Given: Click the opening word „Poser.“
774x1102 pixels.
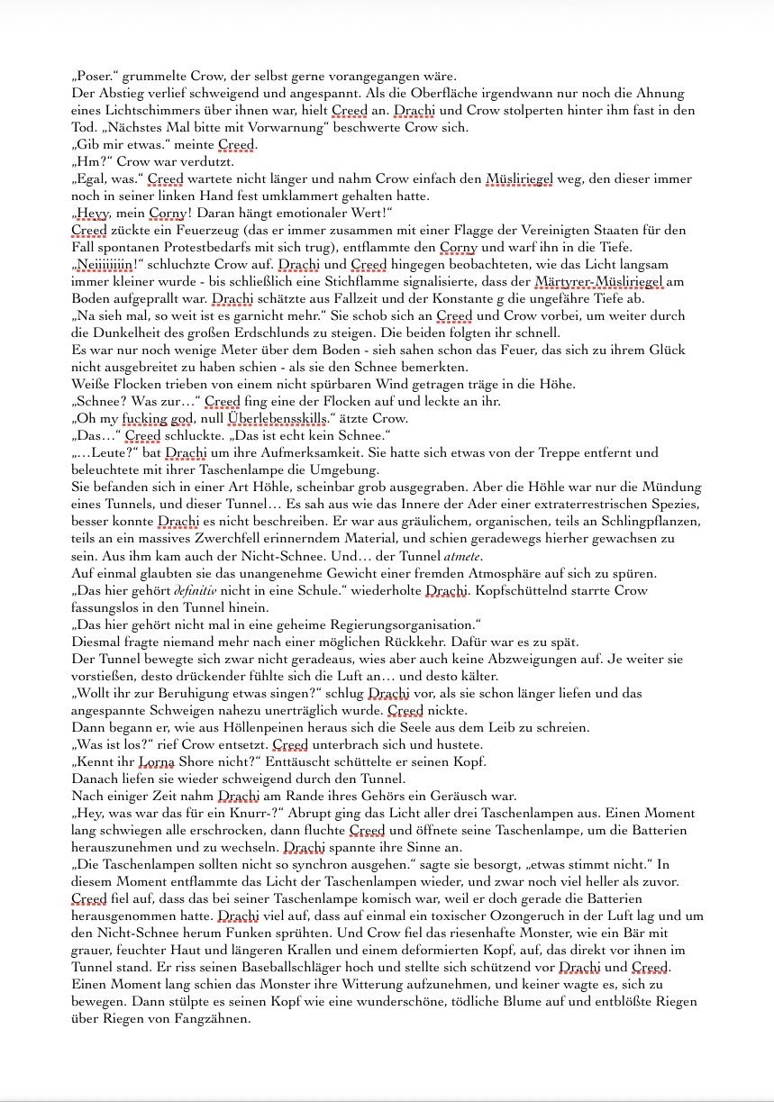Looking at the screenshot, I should point(95,77).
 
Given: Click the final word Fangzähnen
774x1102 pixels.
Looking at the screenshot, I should point(205,1018).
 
